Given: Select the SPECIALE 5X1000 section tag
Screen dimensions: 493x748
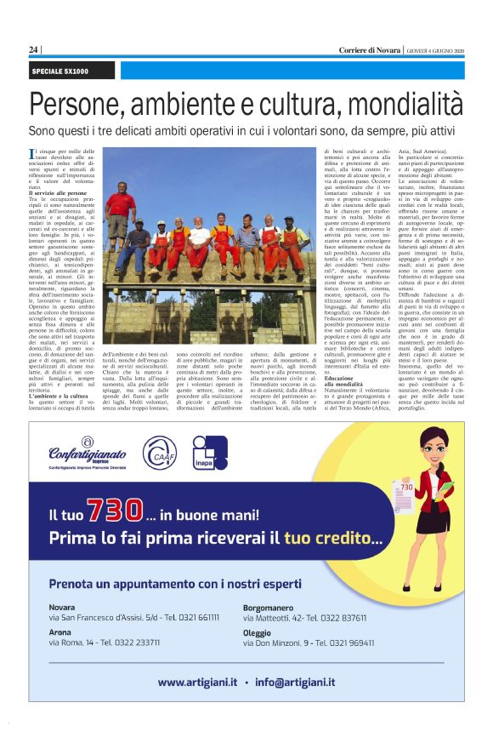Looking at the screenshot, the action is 60,70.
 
